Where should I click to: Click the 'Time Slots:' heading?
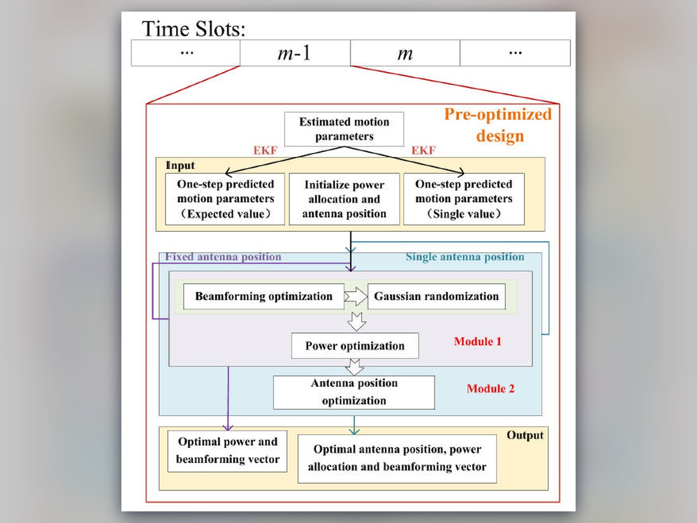coord(193,29)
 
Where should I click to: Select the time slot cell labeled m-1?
coord(295,53)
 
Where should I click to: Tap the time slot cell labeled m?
coord(405,53)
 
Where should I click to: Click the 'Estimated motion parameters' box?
coord(344,129)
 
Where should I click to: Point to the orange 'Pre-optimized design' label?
coord(498,125)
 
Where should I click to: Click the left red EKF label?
coord(265,150)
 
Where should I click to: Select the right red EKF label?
coord(423,150)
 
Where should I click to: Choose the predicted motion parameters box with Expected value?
coord(225,199)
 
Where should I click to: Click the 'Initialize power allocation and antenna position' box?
coord(344,199)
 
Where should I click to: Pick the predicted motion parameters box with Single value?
coord(464,199)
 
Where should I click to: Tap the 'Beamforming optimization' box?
coord(264,296)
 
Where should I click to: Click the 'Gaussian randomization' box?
coord(437,296)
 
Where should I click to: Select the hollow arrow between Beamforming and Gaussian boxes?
coord(356,296)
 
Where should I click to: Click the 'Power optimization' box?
coord(355,346)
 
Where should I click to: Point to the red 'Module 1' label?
coord(477,342)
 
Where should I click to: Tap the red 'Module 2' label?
coord(490,389)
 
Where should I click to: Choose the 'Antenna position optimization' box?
coord(354,392)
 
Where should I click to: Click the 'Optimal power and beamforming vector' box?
coord(227,451)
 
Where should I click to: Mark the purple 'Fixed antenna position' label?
coord(223,257)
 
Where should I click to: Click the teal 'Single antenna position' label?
coord(465,257)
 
